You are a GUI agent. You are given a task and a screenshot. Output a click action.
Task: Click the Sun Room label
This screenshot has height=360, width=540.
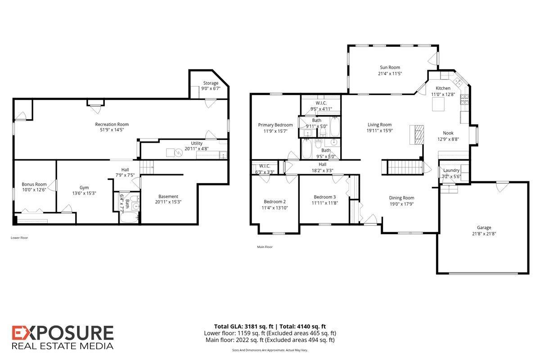(390, 67)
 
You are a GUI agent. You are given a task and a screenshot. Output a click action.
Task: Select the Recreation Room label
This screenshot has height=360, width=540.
(112, 124)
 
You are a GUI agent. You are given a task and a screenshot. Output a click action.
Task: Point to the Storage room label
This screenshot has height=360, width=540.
(210, 83)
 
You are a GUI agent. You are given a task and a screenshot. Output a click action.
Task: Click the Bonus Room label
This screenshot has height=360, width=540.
(34, 184)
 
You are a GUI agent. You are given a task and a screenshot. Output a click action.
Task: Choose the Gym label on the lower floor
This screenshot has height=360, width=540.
(84, 187)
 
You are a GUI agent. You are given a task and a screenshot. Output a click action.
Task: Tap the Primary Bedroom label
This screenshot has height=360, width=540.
(275, 125)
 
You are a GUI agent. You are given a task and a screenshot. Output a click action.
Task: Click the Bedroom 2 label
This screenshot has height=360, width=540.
(274, 202)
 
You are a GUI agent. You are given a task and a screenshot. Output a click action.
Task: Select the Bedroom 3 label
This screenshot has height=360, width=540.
(324, 197)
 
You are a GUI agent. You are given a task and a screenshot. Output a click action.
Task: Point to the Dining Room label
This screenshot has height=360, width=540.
(401, 198)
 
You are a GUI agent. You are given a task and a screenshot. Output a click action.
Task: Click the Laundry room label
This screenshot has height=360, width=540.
(451, 171)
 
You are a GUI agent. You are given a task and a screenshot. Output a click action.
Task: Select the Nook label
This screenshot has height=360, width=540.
(448, 133)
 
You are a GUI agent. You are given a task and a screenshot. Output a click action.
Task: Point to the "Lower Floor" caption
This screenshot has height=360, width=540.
(19, 238)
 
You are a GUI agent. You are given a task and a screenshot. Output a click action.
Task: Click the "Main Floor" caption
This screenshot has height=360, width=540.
(265, 247)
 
